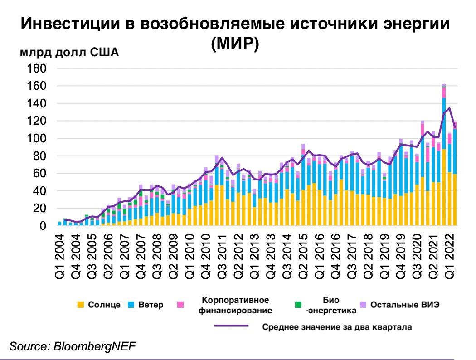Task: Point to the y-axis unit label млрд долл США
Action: tap(69, 53)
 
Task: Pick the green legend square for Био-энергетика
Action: tap(298, 305)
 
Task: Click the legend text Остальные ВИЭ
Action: tap(405, 305)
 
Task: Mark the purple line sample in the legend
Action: tap(231, 326)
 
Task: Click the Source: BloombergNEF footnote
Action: tap(73, 346)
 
